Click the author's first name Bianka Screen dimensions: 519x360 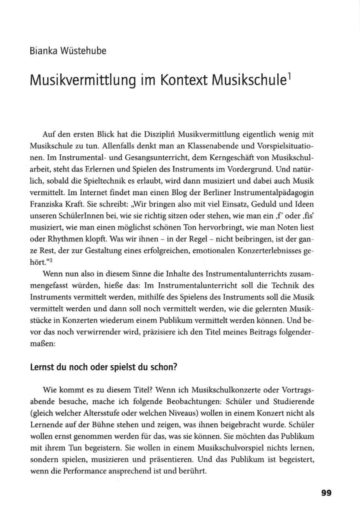pos(42,51)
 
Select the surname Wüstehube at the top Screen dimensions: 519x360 pos(83,51)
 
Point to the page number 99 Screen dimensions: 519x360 pos(326,493)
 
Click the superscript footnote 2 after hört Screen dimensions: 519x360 pos(48,261)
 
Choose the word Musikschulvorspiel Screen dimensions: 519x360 pos(234,448)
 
